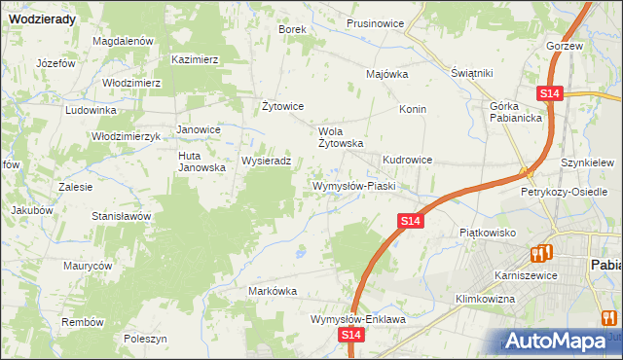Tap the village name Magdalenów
[x=124, y=42]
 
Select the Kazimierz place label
[x=195, y=59]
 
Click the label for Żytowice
[x=283, y=106]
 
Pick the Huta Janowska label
[x=202, y=162]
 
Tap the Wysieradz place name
[x=266, y=161]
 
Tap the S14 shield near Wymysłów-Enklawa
[x=352, y=335]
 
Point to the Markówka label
[x=273, y=291]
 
